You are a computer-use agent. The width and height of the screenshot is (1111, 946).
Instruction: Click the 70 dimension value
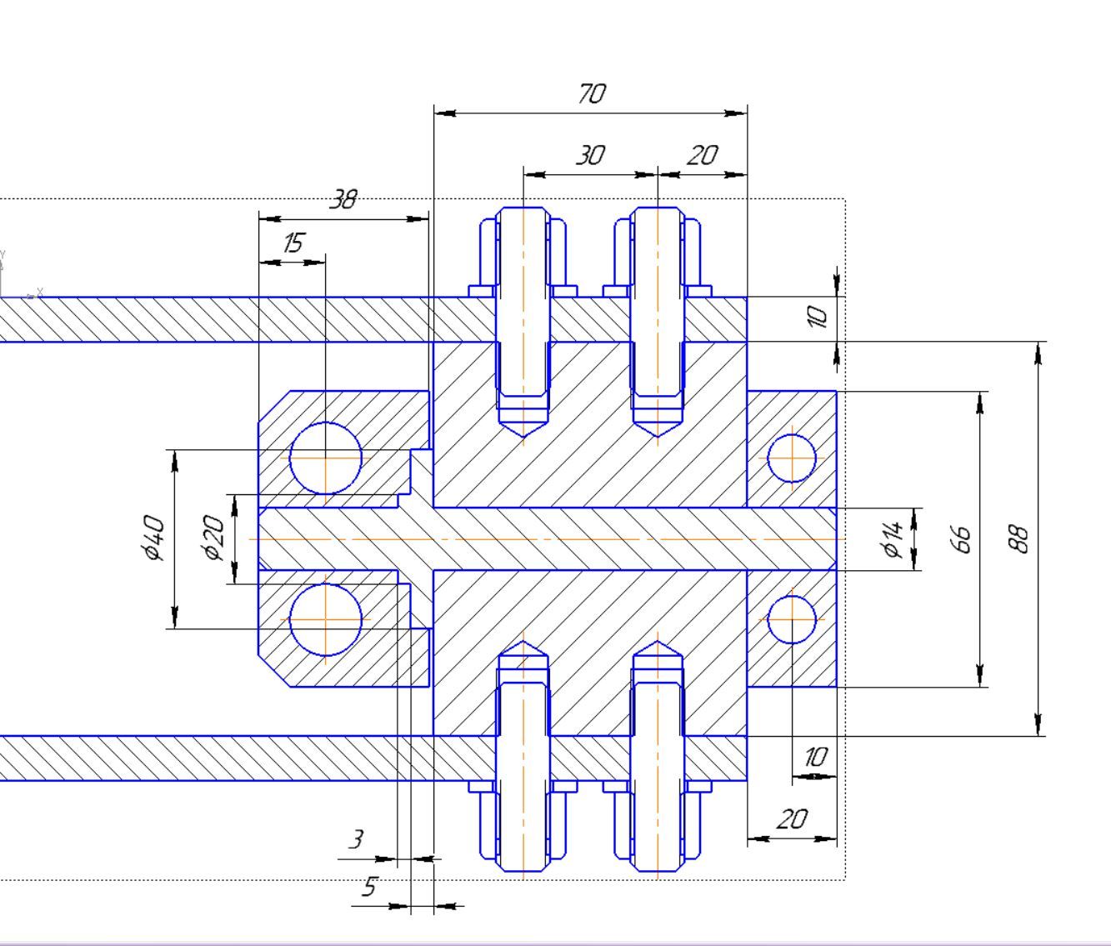pos(591,94)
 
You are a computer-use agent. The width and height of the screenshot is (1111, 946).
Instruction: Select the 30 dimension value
pos(590,156)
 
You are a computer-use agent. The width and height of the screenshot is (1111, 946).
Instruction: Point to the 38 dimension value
pos(343,200)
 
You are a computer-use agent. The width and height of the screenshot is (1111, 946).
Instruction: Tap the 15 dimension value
pos(293,243)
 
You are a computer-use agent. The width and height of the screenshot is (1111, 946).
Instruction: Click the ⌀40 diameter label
pos(153,538)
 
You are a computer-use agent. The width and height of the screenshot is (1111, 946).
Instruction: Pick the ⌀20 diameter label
pos(214,538)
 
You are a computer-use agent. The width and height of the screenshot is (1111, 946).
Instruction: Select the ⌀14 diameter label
pos(893,538)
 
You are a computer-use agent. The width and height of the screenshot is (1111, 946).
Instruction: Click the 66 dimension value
pos(961,538)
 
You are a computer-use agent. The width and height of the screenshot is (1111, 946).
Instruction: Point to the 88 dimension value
pos(1019,538)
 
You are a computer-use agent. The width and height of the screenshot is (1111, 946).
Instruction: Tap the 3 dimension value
pos(357,839)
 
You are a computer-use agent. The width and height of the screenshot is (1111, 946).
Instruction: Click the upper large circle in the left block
pos(326,458)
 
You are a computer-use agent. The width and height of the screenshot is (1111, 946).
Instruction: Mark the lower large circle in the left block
pos(326,619)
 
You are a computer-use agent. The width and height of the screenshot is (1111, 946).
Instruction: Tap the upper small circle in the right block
pos(791,458)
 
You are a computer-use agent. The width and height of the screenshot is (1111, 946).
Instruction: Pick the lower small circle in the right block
pos(791,619)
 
